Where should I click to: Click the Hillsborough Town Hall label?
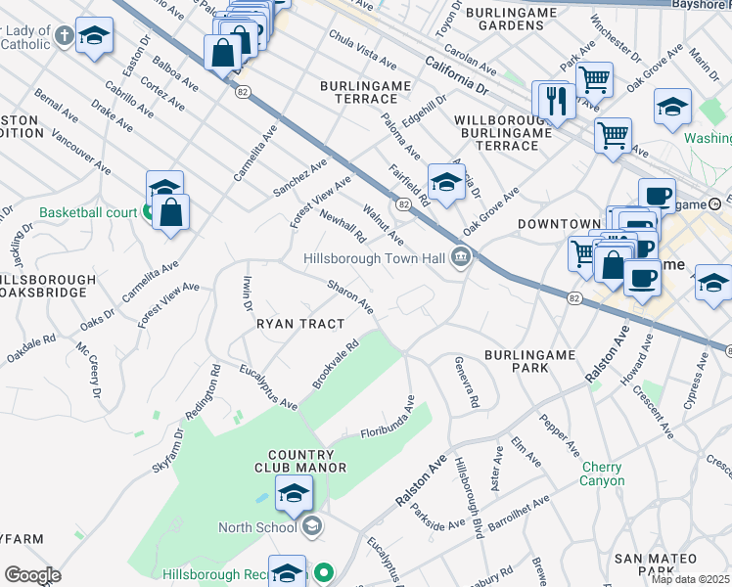[374, 259]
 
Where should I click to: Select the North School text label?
[256, 528]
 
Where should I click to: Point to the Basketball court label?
[88, 212]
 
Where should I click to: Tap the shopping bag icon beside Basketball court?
[171, 212]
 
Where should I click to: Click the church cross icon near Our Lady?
[65, 37]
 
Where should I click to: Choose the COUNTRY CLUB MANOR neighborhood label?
[306, 461]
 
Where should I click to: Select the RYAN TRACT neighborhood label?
[300, 324]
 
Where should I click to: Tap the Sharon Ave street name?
[350, 297]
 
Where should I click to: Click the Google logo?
[32, 575]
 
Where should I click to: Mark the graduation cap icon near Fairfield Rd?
[446, 182]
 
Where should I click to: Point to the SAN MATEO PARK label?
[656, 564]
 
